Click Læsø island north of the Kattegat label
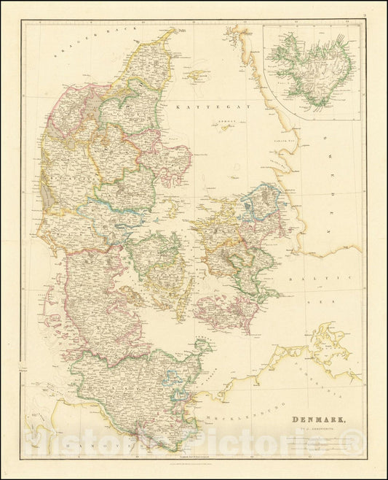click(x=195, y=74)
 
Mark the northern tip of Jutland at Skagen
click(x=175, y=31)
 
